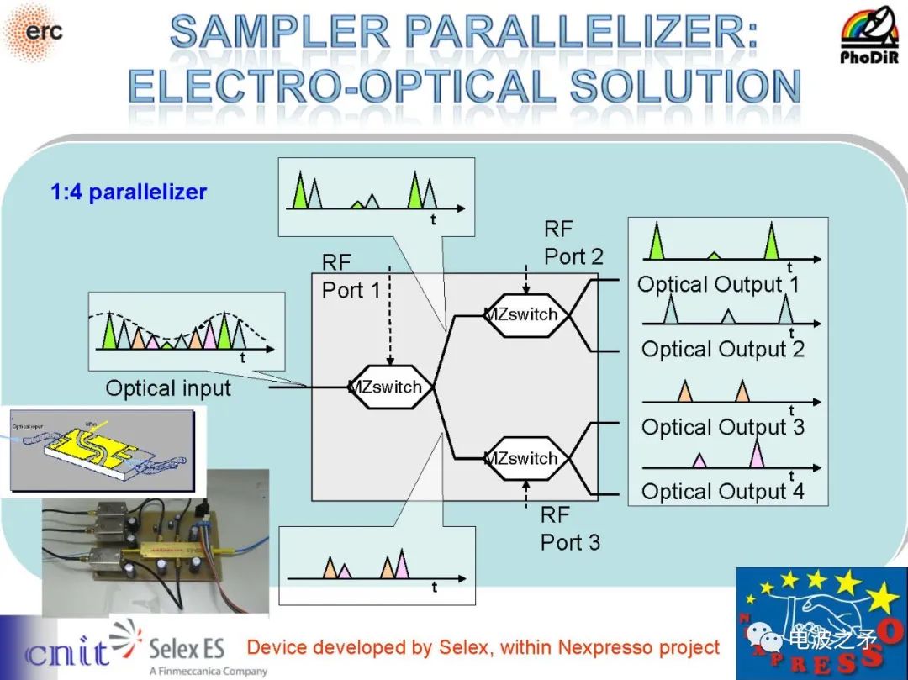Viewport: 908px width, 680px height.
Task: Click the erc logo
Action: pos(34,31)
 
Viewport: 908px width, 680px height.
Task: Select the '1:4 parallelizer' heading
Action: pos(129,192)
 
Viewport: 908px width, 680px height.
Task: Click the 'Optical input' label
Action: pos(168,388)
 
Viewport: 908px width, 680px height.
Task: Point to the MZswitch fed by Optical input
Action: pos(386,387)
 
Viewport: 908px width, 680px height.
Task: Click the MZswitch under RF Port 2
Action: pos(521,314)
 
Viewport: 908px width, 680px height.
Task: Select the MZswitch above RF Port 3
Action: pos(521,458)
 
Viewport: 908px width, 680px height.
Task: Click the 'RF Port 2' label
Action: pos(573,243)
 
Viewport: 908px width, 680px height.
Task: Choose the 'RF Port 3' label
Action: pos(570,529)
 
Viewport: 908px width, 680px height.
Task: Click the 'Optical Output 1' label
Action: pos(718,284)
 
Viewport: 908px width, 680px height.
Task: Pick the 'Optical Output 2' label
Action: pos(722,349)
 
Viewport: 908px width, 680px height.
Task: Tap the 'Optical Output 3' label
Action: pos(722,427)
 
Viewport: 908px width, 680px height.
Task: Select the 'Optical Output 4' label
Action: pos(722,491)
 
